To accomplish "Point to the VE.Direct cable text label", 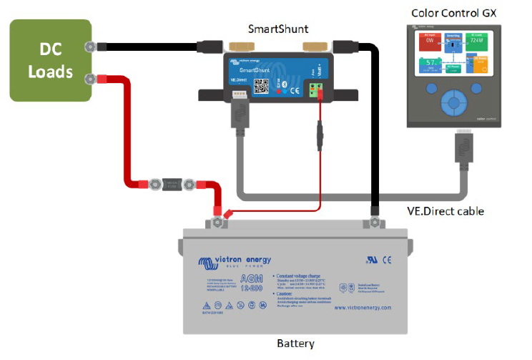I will click(450, 211).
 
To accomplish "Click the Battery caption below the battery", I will click(295, 344).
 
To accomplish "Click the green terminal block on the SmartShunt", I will click(316, 89).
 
